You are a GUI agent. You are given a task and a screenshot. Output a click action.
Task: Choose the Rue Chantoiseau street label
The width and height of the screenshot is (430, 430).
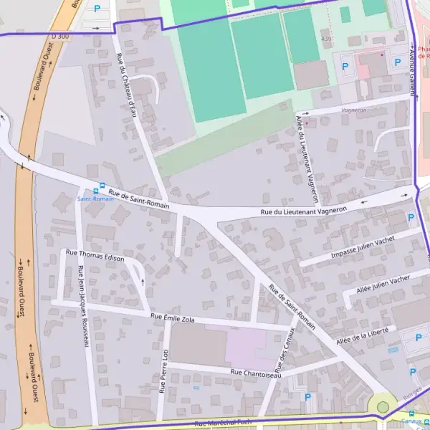pyautogui.click(x=256, y=373)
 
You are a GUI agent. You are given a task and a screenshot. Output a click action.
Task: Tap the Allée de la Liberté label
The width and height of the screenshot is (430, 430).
pyautogui.click(x=362, y=334)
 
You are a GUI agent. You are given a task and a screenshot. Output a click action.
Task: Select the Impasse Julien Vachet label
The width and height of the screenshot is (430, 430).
pyautogui.click(x=363, y=248)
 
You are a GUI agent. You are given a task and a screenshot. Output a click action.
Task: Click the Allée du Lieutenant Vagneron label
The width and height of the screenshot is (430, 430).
pyautogui.click(x=306, y=158)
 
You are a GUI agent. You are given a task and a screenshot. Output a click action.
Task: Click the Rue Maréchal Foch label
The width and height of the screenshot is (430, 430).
pyautogui.click(x=226, y=423)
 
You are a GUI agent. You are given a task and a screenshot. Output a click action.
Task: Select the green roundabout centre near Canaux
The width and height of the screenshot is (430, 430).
pyautogui.click(x=383, y=407)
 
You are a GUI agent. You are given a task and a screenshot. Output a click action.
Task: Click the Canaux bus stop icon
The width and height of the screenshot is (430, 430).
pyautogui.click(x=411, y=413)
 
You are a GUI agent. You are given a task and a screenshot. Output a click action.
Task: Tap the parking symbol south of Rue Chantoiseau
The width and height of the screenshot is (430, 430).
pyautogui.click(x=308, y=396)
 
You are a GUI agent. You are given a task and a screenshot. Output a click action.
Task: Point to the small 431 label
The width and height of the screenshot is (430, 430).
pyautogui.click(x=326, y=38)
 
